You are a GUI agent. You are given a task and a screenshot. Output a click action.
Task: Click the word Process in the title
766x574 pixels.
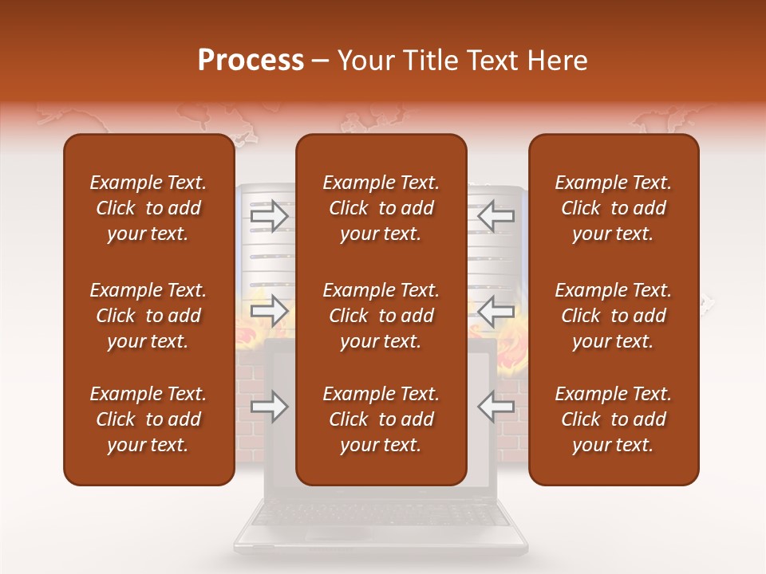click(x=251, y=61)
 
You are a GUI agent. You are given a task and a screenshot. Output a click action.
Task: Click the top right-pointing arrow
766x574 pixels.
click(x=269, y=216)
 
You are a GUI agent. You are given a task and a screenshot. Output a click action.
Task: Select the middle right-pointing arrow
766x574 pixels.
click(x=269, y=310)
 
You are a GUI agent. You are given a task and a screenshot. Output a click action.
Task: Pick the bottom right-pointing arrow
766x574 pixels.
click(x=269, y=407)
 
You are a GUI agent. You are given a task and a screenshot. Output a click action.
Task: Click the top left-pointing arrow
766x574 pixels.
click(x=496, y=216)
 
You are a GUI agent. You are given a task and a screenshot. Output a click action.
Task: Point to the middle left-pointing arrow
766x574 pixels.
click(x=496, y=310)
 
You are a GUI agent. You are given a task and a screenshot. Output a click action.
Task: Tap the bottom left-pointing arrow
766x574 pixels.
click(x=496, y=407)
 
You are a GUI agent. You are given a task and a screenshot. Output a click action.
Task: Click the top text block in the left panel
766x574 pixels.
click(x=148, y=208)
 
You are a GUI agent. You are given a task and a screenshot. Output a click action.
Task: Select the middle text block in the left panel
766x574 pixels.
click(x=148, y=316)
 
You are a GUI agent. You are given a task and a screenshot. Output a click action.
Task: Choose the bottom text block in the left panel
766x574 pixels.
click(x=148, y=419)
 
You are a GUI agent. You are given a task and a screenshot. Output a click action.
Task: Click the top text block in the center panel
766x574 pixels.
click(x=381, y=208)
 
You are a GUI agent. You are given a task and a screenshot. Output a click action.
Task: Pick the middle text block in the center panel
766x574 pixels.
click(x=381, y=316)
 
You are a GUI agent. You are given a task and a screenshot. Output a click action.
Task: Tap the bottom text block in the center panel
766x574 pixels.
click(x=381, y=419)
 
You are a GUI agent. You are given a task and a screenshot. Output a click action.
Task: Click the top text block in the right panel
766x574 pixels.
click(x=614, y=208)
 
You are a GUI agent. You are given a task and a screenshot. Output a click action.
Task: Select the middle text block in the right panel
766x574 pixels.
click(x=614, y=316)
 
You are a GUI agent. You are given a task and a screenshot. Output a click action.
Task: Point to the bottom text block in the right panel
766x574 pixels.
click(x=614, y=419)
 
